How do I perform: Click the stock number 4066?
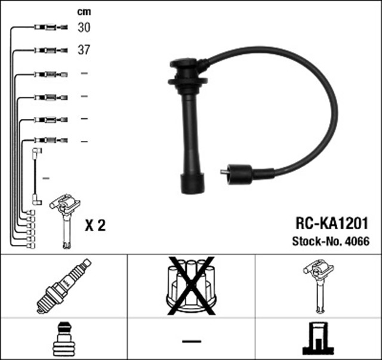(x=358, y=242)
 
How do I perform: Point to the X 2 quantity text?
(x=95, y=225)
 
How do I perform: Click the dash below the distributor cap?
(x=191, y=340)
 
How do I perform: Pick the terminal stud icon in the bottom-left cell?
(x=63, y=340)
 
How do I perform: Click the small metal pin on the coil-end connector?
(x=223, y=174)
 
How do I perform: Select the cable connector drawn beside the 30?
(x=49, y=27)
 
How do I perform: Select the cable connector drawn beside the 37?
(x=49, y=50)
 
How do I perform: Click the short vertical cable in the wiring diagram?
(x=38, y=176)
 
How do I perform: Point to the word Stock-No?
(x=312, y=242)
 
